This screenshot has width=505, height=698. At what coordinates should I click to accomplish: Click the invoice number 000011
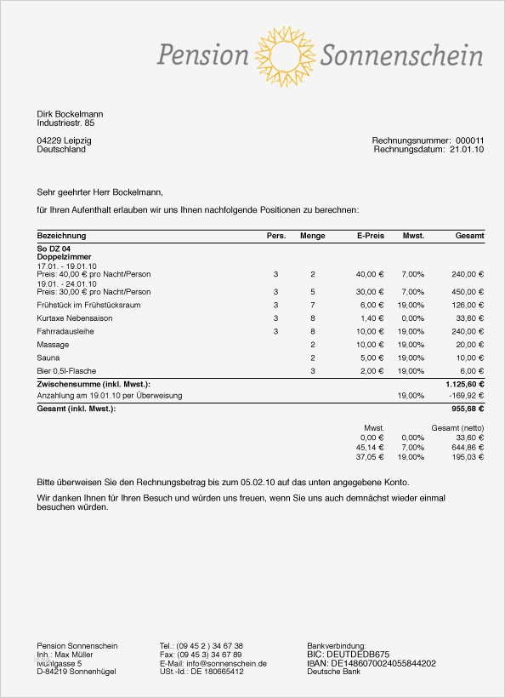click(x=469, y=140)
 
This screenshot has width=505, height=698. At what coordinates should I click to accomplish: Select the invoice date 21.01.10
click(x=467, y=149)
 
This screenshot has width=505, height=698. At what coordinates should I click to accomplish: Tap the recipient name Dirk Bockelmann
click(x=70, y=114)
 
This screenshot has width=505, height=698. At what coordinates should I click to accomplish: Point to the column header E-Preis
click(x=371, y=236)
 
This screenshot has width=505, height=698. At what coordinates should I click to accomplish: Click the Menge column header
click(x=313, y=236)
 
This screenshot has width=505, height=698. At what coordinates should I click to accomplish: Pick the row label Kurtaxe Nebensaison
click(x=75, y=318)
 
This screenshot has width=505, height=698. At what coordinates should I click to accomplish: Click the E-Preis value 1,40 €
click(x=371, y=318)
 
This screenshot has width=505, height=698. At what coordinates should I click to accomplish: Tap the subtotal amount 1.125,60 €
click(x=465, y=385)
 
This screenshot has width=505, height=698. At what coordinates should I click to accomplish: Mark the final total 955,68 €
click(x=468, y=409)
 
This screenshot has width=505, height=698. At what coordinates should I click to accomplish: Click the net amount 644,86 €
click(x=467, y=447)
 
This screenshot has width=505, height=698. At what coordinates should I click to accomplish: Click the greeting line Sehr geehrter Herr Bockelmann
click(x=99, y=192)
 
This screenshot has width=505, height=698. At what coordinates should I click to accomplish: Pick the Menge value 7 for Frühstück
click(x=313, y=305)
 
